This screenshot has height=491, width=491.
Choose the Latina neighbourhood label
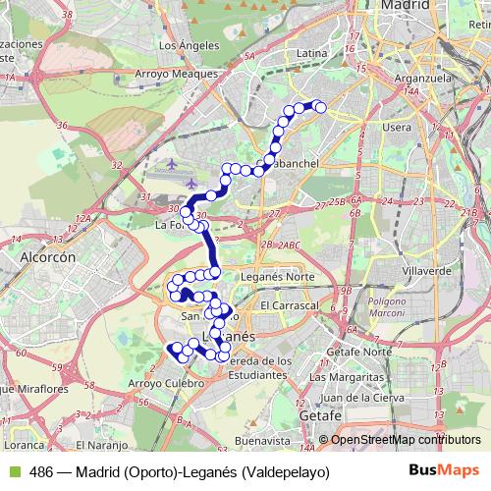pos(310,52)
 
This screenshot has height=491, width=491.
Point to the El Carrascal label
pos(292,306)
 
